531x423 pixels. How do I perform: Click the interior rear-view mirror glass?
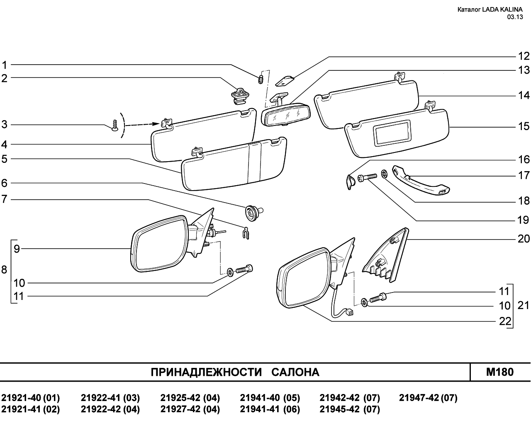286,115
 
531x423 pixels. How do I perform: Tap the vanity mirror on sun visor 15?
393,133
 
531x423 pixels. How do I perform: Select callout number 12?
524,56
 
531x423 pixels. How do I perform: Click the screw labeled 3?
115,125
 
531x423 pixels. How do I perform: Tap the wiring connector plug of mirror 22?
349,312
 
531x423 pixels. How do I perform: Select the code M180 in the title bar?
499,372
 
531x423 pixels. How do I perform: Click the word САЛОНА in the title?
295,372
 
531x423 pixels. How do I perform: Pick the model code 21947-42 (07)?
428,398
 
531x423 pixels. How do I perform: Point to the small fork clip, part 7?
246,233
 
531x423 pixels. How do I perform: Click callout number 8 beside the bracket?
4,270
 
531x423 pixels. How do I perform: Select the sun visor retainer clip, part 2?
240,96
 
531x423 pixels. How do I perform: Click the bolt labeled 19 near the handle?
367,176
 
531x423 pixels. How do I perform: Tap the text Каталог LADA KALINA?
490,10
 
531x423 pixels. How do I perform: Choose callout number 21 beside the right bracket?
523,305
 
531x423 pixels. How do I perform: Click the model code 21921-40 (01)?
31,398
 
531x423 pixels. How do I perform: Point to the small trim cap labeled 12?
285,81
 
